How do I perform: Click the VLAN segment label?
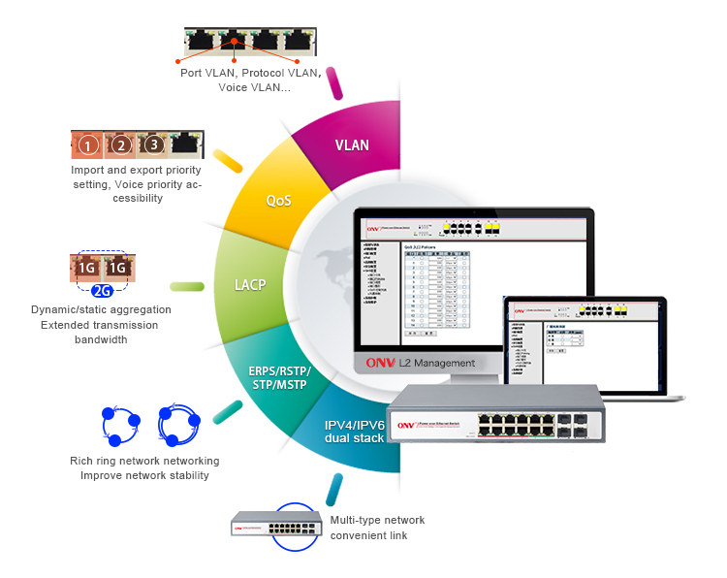(352, 145)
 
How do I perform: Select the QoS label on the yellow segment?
(279, 201)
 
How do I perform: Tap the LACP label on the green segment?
(250, 285)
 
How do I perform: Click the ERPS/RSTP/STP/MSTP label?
(278, 377)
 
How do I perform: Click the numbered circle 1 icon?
(88, 146)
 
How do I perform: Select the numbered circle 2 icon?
(121, 145)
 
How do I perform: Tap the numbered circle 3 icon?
(153, 145)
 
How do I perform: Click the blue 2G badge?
(103, 289)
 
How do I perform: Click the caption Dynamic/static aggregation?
(102, 309)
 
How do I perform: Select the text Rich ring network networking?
(144, 461)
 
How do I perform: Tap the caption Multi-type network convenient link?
(377, 528)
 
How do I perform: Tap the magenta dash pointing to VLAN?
(335, 82)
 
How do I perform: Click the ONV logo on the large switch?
(407, 424)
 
